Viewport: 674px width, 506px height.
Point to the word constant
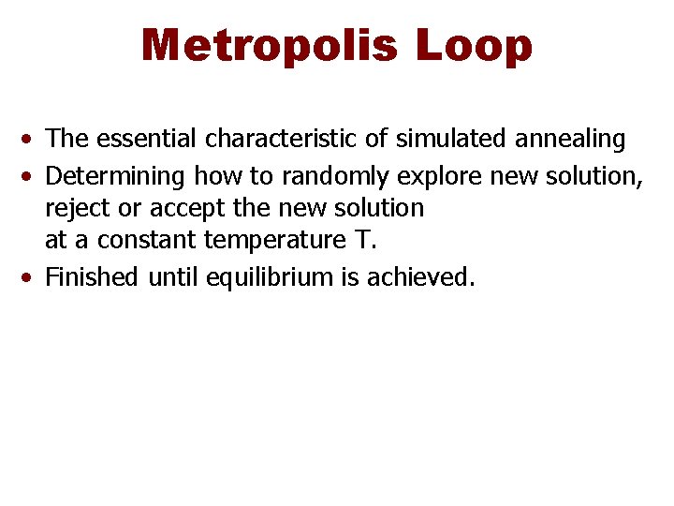point(146,240)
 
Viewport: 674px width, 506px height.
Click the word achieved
point(425,276)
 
